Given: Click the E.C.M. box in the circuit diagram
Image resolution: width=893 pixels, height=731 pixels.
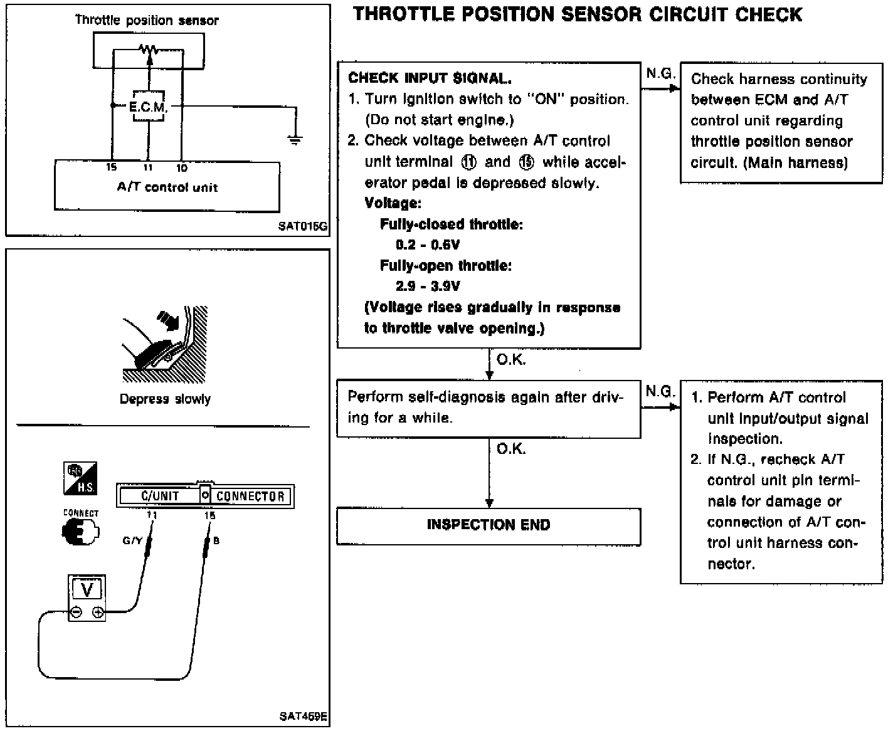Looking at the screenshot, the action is (148, 106).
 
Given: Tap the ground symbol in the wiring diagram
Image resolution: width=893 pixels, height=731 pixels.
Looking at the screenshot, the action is (295, 140).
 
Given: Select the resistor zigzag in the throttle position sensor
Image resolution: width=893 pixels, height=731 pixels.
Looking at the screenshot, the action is (149, 50).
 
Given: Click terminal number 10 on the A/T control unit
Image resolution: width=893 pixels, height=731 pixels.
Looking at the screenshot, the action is (182, 168).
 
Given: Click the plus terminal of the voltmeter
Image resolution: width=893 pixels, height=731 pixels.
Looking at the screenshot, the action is (98, 612).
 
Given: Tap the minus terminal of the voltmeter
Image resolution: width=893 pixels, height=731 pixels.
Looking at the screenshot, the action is (77, 612).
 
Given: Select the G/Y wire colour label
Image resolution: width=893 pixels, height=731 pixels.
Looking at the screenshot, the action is (132, 540).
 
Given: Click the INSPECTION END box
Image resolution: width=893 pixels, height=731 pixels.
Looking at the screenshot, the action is (489, 526).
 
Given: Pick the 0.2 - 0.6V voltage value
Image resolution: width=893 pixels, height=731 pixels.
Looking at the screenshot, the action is (428, 245).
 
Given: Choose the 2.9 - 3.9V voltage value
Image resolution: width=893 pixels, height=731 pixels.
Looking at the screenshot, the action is (428, 286).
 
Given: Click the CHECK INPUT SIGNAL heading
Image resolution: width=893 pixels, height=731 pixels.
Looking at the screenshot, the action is (430, 78).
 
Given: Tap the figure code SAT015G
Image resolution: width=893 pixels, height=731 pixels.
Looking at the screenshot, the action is (302, 226).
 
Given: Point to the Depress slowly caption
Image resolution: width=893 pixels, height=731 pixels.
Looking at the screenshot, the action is (165, 399).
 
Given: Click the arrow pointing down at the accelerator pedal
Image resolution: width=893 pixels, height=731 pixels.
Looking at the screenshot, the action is (169, 320).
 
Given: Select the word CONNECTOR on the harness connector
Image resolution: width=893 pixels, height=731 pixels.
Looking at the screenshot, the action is (250, 496).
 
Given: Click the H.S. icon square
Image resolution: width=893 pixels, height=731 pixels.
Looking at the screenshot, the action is (80, 478).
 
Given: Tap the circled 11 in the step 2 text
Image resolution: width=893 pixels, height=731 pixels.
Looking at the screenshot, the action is (468, 162).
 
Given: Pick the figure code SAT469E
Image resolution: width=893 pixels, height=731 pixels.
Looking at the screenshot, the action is (303, 716).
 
